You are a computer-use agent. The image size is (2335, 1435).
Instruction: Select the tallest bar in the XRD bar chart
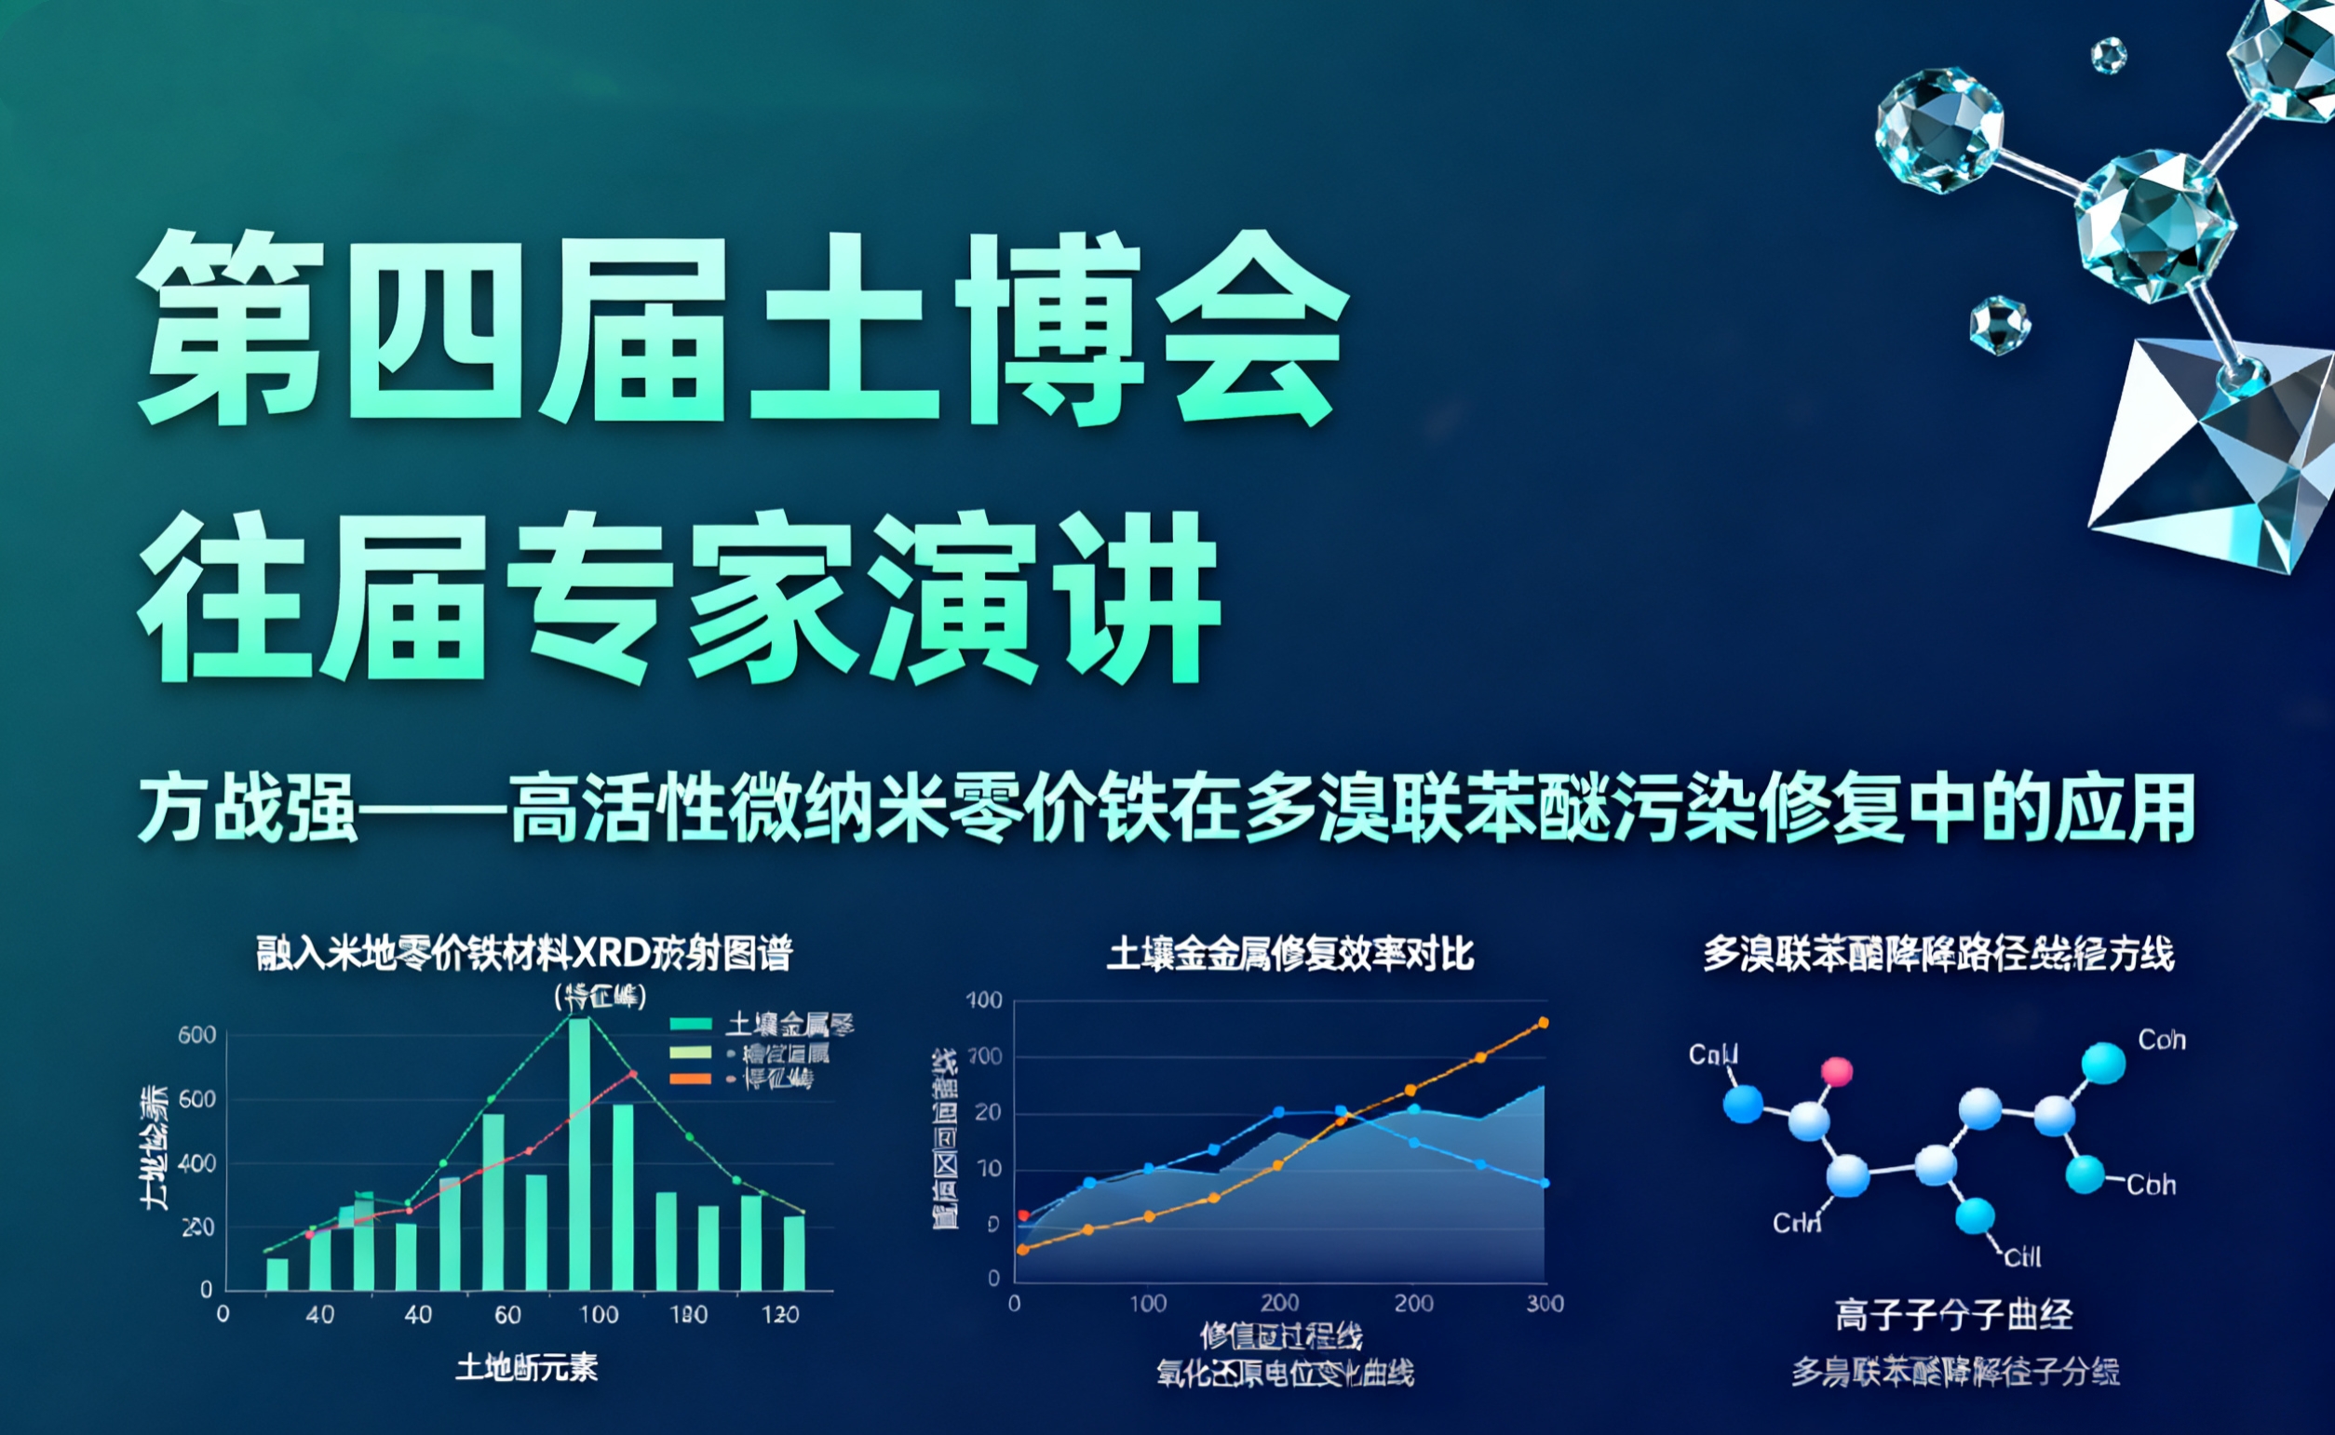coord(578,1153)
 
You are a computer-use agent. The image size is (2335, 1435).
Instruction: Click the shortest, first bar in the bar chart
coord(277,1274)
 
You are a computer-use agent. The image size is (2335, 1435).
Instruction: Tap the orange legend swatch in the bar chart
coord(690,1080)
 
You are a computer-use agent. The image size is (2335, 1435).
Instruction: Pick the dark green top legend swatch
coord(690,1024)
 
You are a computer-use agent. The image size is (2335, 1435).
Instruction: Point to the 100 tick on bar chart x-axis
coord(599,1314)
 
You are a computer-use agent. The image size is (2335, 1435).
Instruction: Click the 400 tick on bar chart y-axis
coord(197,1163)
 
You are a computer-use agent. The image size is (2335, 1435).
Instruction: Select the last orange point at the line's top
coord(1543,1022)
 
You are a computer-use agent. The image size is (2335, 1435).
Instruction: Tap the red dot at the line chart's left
coord(1023,1214)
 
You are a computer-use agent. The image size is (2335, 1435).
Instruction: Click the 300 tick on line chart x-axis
coord(1545,1303)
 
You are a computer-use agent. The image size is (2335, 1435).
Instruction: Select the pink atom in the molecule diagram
coord(1837,1071)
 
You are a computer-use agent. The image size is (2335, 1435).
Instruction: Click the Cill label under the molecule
coord(2022,1257)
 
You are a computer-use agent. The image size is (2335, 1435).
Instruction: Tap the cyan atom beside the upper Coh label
coord(2103,1063)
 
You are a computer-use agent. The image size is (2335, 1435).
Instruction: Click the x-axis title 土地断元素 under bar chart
coord(527,1368)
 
